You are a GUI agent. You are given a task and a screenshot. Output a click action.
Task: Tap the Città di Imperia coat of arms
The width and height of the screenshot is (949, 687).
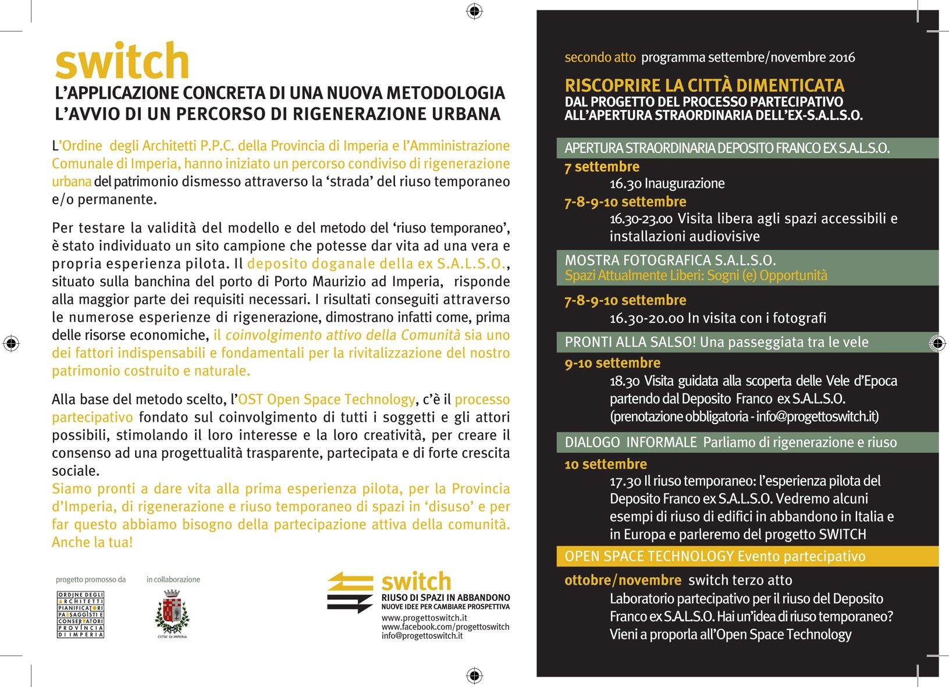tap(172, 612)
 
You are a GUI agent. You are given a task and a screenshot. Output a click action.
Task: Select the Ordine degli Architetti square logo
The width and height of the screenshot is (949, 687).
tap(81, 614)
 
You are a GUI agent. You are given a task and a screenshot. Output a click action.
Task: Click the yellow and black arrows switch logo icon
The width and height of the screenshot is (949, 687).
tap(350, 592)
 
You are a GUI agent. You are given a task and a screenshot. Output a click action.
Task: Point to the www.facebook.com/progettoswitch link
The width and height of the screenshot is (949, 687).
tap(445, 627)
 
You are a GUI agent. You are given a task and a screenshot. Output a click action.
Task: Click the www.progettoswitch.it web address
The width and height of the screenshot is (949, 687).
tap(424, 617)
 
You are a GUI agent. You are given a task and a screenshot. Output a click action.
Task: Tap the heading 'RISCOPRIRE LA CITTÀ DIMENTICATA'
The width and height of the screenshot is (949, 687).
tap(704, 86)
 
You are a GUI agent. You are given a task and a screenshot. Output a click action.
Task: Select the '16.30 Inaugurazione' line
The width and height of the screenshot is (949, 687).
tap(667, 184)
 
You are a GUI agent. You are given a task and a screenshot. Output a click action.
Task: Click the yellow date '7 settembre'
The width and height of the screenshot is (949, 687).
tap(602, 167)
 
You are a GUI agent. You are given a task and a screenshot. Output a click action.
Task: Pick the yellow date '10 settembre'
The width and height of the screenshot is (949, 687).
tap(605, 464)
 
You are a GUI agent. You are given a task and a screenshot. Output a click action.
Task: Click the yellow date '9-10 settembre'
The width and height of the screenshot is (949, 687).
tap(612, 363)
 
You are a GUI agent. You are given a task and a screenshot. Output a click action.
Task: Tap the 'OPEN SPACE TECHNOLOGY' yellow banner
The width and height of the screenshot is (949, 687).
tap(715, 556)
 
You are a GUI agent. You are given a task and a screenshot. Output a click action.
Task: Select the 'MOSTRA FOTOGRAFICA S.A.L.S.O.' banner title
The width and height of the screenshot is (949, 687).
tap(670, 260)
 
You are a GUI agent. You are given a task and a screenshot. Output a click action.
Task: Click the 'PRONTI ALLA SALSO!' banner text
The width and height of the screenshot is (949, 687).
tap(630, 342)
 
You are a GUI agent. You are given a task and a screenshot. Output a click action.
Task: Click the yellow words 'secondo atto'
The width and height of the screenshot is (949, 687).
tap(600, 57)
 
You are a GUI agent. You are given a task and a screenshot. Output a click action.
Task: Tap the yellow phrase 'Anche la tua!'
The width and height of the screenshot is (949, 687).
tap(93, 542)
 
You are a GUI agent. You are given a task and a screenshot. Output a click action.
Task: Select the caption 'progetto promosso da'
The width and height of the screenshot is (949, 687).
tap(91, 579)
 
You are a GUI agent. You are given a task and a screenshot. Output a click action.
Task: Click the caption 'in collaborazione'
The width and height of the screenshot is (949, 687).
tap(173, 579)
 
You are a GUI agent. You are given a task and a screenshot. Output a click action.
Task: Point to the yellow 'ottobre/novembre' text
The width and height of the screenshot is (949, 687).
tap(623, 580)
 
